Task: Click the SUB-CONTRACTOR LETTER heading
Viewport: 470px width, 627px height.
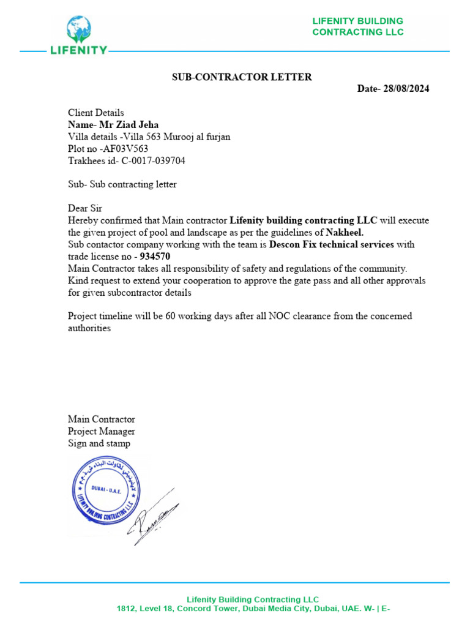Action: (x=241, y=77)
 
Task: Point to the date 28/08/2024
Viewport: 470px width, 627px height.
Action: (x=406, y=89)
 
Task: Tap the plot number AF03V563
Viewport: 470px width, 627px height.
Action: (x=125, y=149)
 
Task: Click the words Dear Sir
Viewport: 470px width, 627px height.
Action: (x=84, y=209)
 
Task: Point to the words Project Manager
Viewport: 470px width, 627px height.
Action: (x=101, y=431)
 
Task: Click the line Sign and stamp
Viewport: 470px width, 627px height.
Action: (x=99, y=443)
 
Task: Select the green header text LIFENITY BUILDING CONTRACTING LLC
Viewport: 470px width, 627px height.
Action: (x=357, y=26)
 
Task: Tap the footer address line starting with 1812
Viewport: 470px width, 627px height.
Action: (x=253, y=609)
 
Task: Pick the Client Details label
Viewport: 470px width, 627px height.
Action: (x=95, y=113)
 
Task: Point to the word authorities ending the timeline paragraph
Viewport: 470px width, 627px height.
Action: (x=89, y=328)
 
